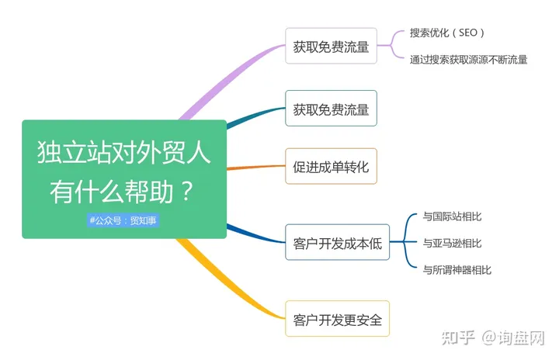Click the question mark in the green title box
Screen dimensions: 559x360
tap(187, 191)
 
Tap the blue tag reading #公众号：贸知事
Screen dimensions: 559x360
tap(123, 220)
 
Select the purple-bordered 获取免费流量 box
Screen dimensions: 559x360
tap(331, 46)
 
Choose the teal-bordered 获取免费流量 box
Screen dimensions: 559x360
tap(331, 109)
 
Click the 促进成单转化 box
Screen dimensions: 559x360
tap(331, 166)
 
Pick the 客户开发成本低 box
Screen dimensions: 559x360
tap(337, 242)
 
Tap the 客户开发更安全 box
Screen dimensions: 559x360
tap(337, 319)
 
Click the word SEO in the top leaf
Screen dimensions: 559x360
tap(467, 33)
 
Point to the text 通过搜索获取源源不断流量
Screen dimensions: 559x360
tap(468, 60)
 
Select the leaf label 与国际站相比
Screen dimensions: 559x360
tap(452, 216)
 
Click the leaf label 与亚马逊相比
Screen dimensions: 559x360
tap(452, 243)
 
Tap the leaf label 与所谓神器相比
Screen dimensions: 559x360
tap(457, 270)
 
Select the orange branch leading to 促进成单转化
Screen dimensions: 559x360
tap(256, 167)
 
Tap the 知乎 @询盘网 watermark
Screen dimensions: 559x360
tap(493, 338)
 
